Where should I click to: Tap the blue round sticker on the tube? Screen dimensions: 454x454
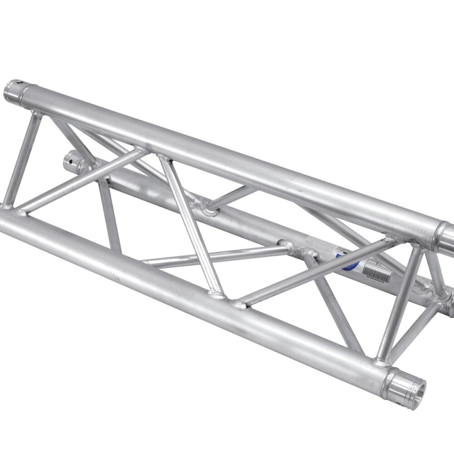pyautogui.click(x=344, y=262)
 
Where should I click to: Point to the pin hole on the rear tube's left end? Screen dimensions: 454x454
pyautogui.click(x=70, y=159)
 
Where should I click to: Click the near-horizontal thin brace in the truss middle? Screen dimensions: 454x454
pyautogui.click(x=213, y=257)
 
